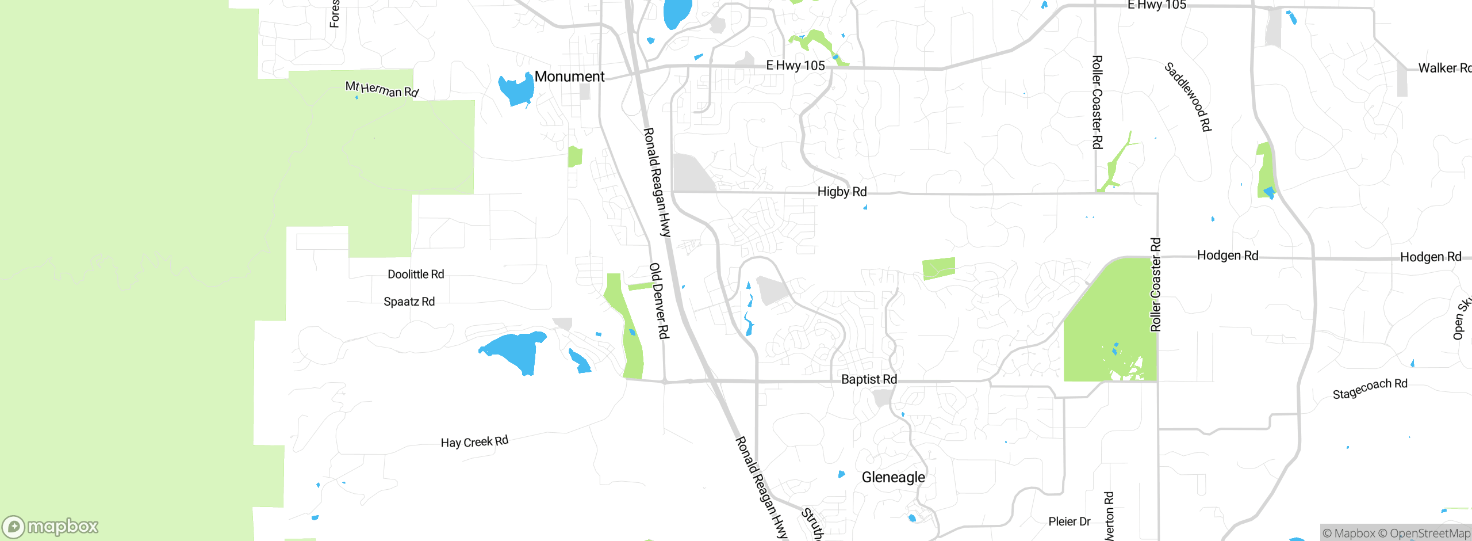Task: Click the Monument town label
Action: [x=569, y=77]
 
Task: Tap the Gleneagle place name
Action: [x=893, y=477]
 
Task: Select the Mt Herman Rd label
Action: [x=382, y=89]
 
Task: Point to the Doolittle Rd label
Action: [x=416, y=275]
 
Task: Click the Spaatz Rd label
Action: [x=409, y=302]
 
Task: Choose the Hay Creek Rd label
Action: [x=474, y=442]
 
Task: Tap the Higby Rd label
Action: [x=842, y=192]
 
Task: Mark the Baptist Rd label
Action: [x=869, y=379]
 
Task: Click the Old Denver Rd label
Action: [x=659, y=300]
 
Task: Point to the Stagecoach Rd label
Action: [x=1370, y=388]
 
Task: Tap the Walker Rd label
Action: [x=1444, y=68]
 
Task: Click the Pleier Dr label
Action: [x=1069, y=521]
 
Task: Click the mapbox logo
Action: [x=51, y=527]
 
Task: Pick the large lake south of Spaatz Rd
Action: [x=515, y=351]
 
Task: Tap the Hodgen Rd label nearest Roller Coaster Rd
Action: [x=1227, y=256]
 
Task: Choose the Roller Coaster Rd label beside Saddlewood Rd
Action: [x=1097, y=102]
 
